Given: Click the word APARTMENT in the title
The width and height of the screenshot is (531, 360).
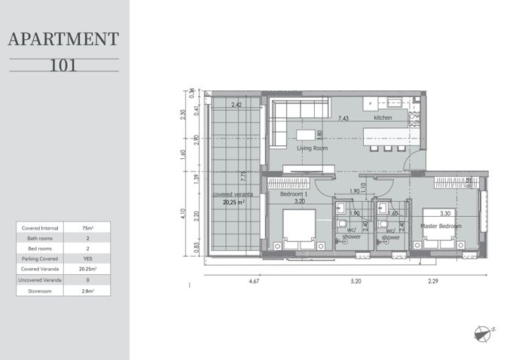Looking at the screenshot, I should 63,40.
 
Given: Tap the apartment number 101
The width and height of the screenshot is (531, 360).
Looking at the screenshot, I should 63,65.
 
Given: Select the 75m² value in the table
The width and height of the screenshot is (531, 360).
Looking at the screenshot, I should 87,227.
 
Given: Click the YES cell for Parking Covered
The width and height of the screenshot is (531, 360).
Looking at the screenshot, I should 87,258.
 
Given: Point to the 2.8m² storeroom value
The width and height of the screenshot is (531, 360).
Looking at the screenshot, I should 87,289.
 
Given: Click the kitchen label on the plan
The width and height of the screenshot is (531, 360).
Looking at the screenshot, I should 384,118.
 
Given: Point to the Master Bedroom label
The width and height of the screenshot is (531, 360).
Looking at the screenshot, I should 441,226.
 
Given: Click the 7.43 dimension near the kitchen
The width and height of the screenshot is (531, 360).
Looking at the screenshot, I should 343,118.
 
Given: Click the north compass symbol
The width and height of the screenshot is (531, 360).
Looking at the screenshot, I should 484,332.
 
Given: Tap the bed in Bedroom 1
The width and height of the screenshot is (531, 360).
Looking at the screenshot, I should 298,229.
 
